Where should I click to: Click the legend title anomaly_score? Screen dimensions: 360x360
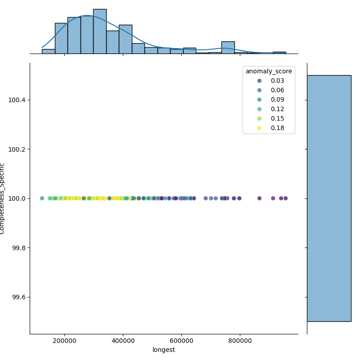(x=269, y=71)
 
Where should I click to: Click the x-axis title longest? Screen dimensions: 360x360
(x=164, y=350)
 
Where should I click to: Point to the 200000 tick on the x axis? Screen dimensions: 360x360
(x=65, y=341)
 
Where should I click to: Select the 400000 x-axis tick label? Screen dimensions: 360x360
(x=123, y=341)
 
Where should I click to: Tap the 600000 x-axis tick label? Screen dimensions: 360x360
(x=182, y=341)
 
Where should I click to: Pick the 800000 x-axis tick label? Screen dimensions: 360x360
(x=240, y=341)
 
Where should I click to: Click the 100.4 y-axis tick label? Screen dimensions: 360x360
(x=17, y=100)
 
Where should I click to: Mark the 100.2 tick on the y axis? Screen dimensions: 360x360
(x=17, y=149)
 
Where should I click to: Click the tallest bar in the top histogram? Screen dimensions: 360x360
(x=100, y=31)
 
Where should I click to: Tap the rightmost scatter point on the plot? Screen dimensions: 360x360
(x=285, y=198)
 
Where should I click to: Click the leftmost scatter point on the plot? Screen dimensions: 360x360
(x=42, y=198)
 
